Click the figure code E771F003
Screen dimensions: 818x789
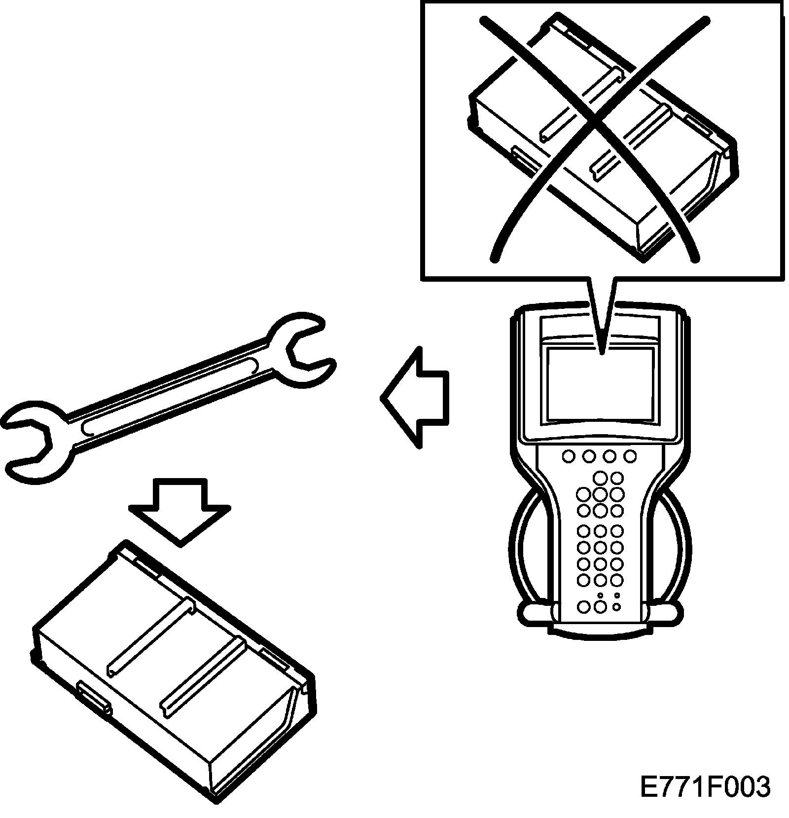click(705, 787)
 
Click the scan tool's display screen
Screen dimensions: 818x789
click(600, 383)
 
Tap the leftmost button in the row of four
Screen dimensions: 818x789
click(568, 456)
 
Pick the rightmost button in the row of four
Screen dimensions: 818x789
click(630, 456)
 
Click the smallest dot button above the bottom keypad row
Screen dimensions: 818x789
click(600, 595)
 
